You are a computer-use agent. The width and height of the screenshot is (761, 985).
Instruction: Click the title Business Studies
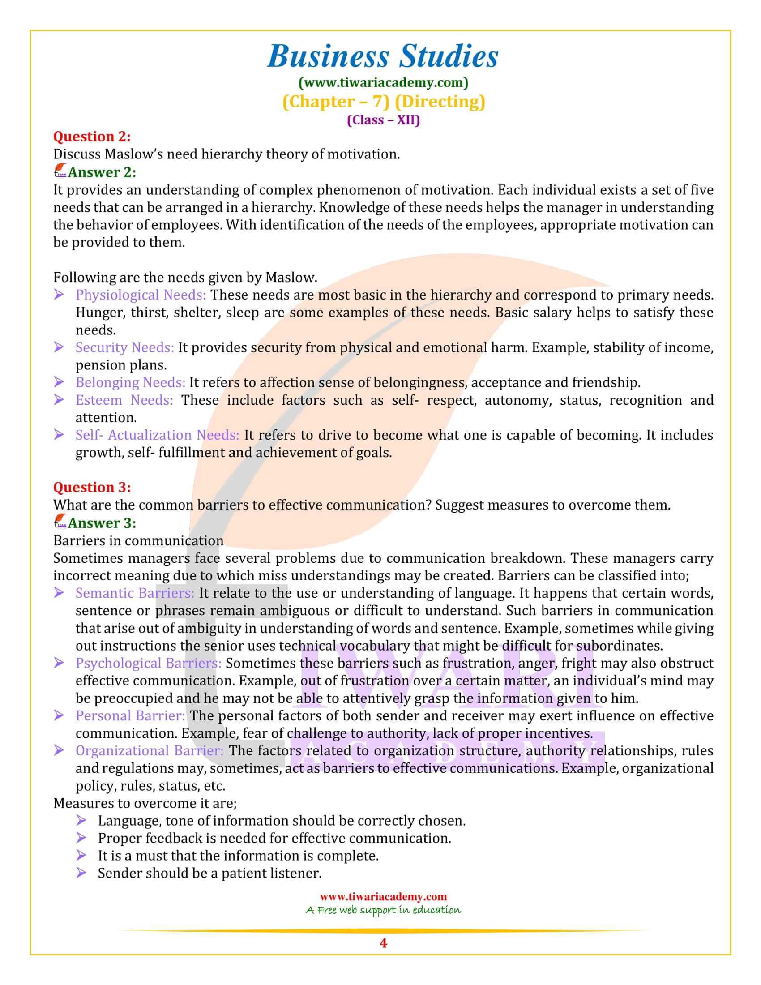click(383, 57)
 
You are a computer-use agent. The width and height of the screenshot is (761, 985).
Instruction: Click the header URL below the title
click(383, 82)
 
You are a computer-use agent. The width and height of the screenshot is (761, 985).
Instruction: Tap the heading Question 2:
click(92, 136)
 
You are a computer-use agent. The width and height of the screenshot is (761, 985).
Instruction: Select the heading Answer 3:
click(102, 522)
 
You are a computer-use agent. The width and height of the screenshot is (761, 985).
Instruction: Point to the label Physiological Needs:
click(141, 295)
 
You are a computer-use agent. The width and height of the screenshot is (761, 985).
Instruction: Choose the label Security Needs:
click(124, 347)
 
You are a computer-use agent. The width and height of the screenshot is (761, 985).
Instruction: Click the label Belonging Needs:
click(130, 382)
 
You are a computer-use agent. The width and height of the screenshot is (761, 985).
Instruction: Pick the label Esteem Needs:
click(124, 400)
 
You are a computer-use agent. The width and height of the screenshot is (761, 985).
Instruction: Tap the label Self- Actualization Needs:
click(157, 435)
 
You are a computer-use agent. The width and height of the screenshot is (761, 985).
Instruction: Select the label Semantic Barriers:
click(135, 593)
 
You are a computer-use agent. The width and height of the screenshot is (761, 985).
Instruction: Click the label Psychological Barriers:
click(148, 663)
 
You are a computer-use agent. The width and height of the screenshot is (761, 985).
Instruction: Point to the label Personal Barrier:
click(130, 716)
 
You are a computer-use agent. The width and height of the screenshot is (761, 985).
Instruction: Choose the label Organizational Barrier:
click(149, 750)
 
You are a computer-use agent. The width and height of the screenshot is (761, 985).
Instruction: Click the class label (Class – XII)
click(383, 120)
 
